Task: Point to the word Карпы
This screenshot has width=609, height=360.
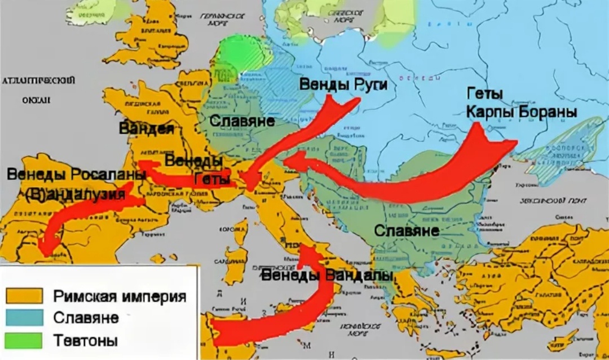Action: (487, 112)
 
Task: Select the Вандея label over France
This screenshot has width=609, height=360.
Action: (146, 128)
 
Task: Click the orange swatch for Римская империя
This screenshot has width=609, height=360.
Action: (24, 295)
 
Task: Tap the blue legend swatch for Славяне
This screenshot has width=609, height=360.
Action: (24, 317)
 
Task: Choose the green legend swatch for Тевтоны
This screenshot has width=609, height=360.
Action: (24, 340)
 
